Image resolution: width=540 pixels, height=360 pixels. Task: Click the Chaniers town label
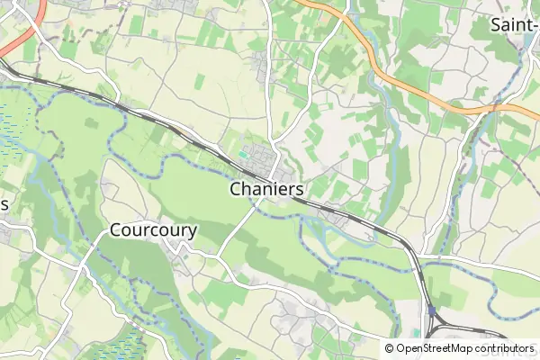266,190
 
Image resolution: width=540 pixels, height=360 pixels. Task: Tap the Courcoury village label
153,230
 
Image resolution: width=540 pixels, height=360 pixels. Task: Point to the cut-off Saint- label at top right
514,25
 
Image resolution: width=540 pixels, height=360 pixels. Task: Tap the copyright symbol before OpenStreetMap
390,348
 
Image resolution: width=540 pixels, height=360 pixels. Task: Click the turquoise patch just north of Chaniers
244,153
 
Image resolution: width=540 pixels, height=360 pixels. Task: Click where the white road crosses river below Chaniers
256,209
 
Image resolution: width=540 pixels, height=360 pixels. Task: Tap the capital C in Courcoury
115,230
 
